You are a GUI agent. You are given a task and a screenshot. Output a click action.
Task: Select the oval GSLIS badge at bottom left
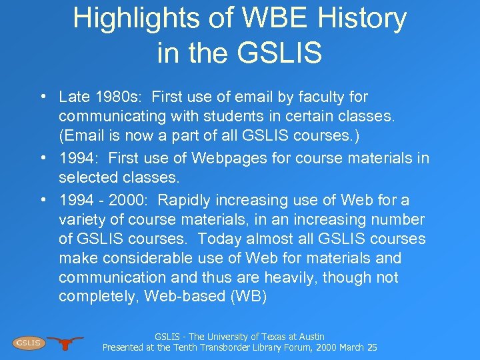[x=28, y=343]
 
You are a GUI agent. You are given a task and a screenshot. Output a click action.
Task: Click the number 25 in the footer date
[x=372, y=347]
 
